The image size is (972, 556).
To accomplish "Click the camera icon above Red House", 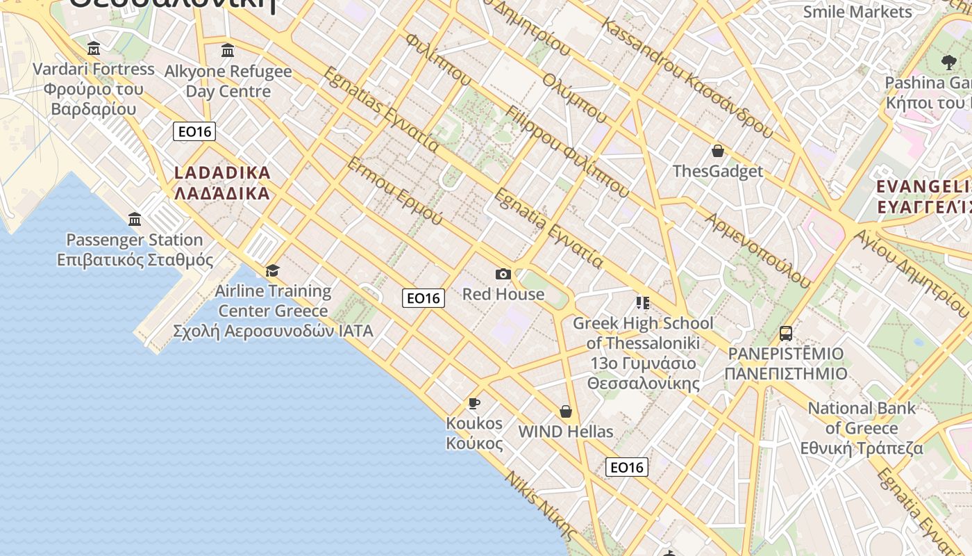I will coord(503,275).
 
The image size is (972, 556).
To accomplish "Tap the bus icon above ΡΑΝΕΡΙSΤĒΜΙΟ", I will coord(786,334).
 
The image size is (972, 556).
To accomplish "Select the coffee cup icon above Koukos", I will coord(474,403).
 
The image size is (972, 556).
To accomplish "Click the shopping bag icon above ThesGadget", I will coord(718,151).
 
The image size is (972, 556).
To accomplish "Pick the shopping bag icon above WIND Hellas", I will coord(566,411).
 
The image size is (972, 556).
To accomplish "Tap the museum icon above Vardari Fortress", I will coord(94,49).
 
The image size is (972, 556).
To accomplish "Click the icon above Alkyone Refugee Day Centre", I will coord(228,51).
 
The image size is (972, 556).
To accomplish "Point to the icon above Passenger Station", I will coord(135,220).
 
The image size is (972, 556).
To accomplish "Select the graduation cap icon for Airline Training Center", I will coord(272,270).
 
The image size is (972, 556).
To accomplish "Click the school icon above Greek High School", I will coord(642,302).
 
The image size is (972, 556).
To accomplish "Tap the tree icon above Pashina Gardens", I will coord(948,62).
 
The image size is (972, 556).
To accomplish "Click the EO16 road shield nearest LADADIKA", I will coord(195,131).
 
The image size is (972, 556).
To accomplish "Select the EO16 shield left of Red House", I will coord(424,298).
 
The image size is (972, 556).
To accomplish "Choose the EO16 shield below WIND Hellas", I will coord(627,467).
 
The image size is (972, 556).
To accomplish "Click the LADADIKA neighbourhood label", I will coord(222,183).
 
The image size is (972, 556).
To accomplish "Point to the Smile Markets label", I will coord(857,12).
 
